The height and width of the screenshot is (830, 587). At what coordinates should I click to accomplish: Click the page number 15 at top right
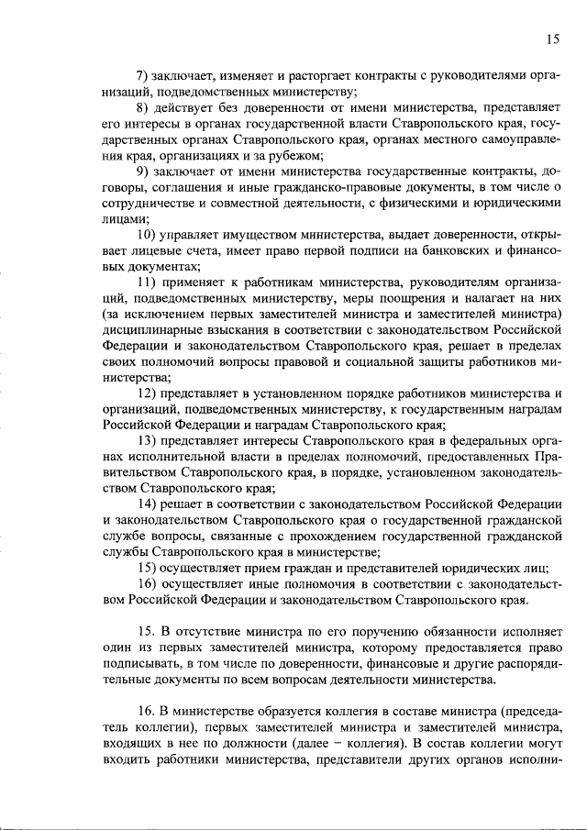tap(551, 39)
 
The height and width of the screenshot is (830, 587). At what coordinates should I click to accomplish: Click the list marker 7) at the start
tap(144, 74)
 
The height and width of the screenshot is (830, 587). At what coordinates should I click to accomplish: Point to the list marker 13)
tap(148, 442)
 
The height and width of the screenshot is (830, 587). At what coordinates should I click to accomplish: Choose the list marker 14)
tap(148, 505)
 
